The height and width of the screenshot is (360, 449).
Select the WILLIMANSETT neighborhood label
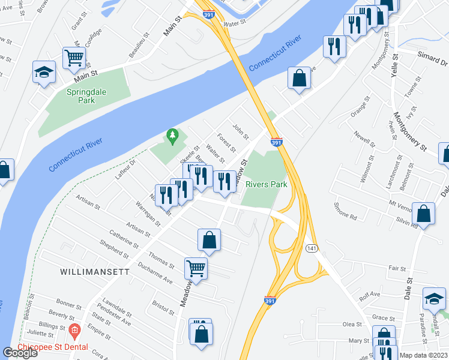click(95, 272)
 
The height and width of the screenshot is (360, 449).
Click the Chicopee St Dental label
click(53, 347)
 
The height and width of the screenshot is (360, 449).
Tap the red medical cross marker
click(74, 331)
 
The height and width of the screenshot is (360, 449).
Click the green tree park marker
click(173, 137)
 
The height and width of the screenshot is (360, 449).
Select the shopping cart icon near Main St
click(74, 58)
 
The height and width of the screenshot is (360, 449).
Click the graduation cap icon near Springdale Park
click(44, 72)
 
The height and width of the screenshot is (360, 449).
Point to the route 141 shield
click(311, 248)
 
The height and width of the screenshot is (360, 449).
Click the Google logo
click(20, 353)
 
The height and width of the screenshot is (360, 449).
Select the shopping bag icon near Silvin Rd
click(423, 214)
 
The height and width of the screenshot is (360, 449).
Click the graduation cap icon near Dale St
click(435, 298)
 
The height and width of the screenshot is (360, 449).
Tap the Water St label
click(235, 23)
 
